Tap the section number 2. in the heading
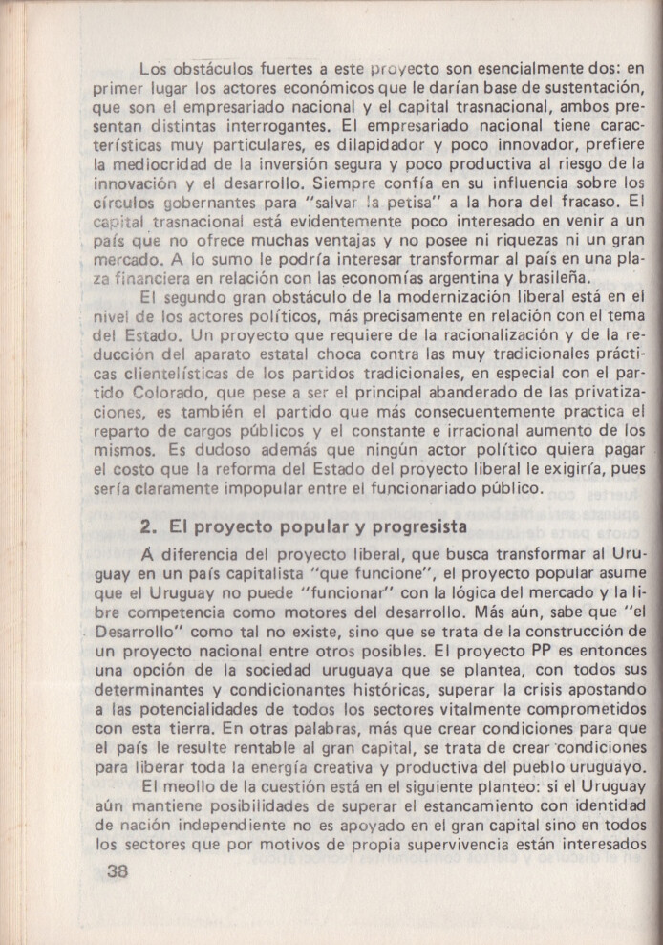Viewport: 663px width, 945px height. [148, 526]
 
